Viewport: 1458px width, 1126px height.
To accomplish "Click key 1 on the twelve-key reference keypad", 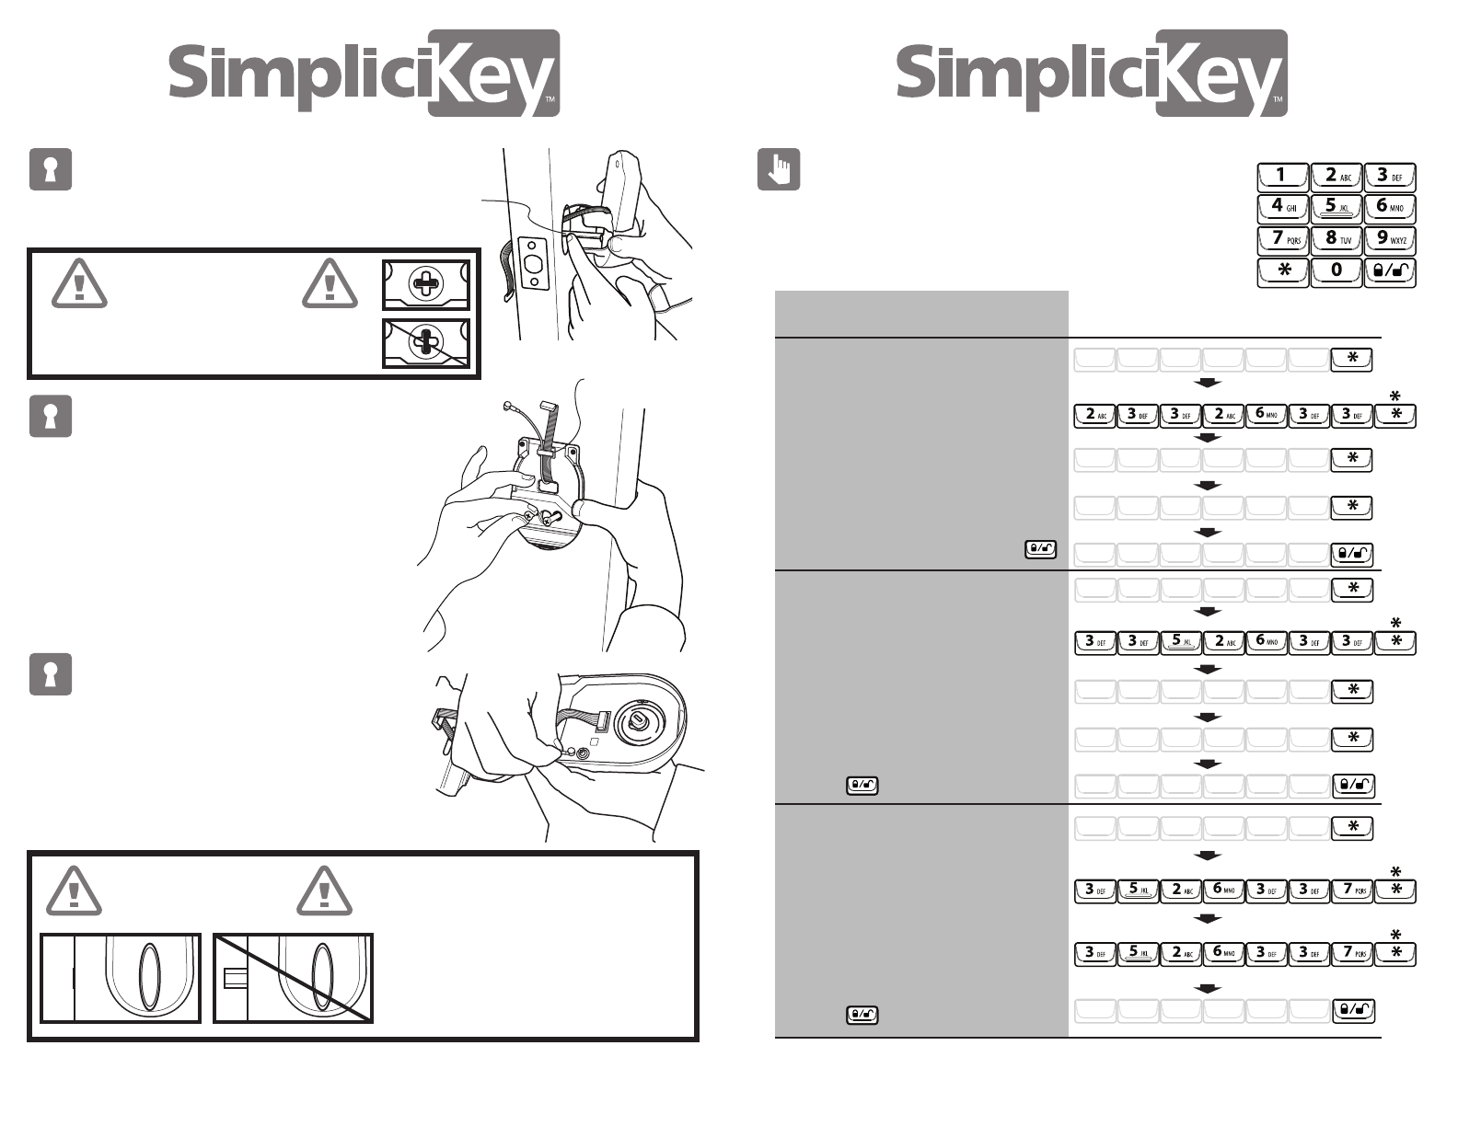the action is (x=1282, y=177).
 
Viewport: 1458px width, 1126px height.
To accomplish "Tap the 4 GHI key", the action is (x=1282, y=208).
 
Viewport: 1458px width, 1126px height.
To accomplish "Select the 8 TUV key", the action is (x=1336, y=240).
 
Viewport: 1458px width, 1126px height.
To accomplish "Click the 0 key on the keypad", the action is (x=1336, y=271).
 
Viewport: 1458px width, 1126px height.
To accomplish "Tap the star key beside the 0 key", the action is (x=1282, y=271).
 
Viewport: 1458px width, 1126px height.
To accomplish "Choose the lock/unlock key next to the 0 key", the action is (x=1389, y=271).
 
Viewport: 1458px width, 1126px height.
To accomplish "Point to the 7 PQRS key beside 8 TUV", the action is (x=1282, y=240).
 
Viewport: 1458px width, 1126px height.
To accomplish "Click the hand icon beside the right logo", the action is (x=778, y=169).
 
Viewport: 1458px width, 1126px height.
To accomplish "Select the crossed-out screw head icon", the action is (x=426, y=342).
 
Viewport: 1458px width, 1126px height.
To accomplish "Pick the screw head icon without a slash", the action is (x=426, y=284).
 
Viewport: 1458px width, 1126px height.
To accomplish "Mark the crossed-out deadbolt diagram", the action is (x=293, y=978).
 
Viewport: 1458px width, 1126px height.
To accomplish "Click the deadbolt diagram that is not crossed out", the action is (x=120, y=978).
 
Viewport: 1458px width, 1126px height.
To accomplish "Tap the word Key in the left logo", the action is (x=493, y=74).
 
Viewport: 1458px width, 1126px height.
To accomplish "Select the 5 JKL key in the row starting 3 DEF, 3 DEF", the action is (x=1180, y=642).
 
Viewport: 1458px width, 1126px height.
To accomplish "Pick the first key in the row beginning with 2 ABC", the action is (x=1094, y=415).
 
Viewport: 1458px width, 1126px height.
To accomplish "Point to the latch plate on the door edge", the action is (x=533, y=264).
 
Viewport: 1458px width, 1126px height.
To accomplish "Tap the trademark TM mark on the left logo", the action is (x=550, y=98).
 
